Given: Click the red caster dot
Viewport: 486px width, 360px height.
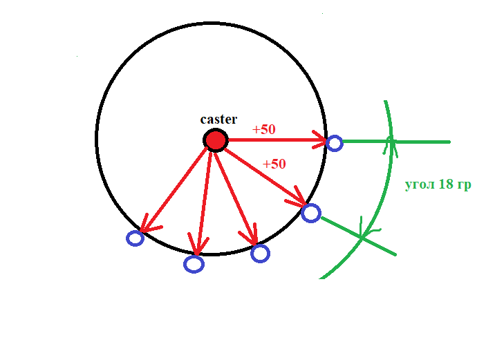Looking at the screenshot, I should [x=216, y=140].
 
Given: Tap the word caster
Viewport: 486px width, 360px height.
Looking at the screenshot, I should [x=218, y=119].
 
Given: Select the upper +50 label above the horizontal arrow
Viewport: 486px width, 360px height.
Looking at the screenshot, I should [x=265, y=129].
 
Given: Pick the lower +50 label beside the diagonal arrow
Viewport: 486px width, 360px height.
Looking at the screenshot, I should [x=274, y=164].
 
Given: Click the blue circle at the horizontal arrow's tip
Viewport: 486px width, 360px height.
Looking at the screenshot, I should [x=335, y=143].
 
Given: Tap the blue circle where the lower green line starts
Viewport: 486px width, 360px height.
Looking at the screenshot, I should [x=311, y=213].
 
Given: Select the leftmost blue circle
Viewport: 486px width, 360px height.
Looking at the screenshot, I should [x=135, y=238].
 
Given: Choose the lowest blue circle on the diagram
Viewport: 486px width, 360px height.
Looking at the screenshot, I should [x=194, y=263].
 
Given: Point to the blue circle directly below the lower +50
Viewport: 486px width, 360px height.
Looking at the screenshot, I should [x=260, y=254].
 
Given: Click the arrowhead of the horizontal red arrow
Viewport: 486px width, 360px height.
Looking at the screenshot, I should [x=321, y=141].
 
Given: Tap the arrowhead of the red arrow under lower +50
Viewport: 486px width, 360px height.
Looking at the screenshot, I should [x=301, y=202].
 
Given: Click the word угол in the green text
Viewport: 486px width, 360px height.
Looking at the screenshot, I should [x=420, y=185].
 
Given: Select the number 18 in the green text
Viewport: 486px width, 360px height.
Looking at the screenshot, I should [x=445, y=185].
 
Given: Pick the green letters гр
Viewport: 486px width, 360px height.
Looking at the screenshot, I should [x=463, y=186].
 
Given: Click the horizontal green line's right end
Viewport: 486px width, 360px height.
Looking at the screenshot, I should [x=449, y=142].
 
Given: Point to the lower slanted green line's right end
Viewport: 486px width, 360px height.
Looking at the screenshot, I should [x=395, y=254].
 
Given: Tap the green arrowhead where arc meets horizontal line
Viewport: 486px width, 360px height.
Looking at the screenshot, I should [x=391, y=142].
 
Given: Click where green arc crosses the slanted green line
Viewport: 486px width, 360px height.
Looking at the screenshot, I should [x=362, y=237].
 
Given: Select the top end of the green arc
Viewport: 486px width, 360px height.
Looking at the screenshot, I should [x=384, y=101].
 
